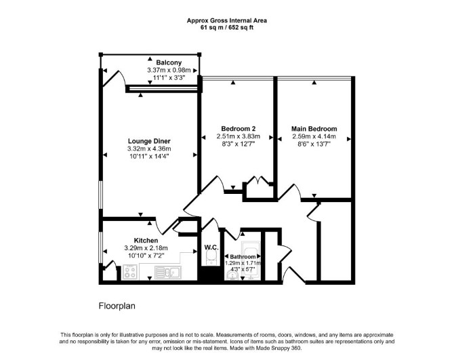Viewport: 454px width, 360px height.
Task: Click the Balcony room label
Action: tap(169, 62)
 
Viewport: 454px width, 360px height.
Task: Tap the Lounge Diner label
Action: tap(149, 141)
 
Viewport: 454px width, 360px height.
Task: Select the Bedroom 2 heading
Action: tap(238, 129)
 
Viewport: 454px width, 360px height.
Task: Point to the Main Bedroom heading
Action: tap(314, 129)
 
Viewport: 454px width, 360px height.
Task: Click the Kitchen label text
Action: tap(146, 241)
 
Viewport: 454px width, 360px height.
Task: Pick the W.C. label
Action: tap(211, 247)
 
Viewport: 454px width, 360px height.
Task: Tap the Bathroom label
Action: tap(243, 256)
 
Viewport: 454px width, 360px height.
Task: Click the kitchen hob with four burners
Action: tap(129, 272)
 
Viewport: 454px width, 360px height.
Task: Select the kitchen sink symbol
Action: tap(167, 273)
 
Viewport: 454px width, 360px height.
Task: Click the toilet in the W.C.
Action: tap(211, 258)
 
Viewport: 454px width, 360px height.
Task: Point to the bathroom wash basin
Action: tap(232, 275)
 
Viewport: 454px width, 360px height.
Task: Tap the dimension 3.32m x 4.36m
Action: tap(149, 149)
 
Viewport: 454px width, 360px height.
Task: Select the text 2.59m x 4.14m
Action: tap(314, 136)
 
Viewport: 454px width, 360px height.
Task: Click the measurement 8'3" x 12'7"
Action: tap(238, 144)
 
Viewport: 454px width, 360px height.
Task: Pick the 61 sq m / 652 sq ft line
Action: tap(227, 28)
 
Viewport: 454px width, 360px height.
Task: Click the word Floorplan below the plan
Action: tap(117, 306)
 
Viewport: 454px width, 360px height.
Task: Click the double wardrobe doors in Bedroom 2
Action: tap(258, 180)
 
